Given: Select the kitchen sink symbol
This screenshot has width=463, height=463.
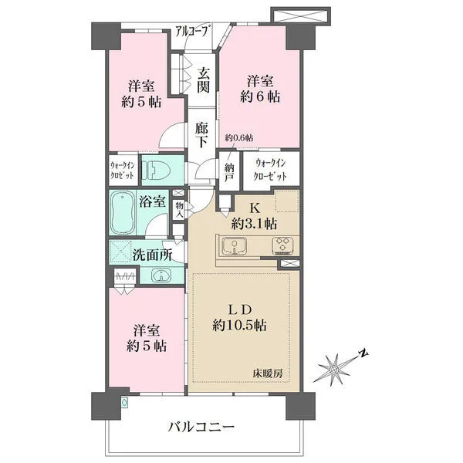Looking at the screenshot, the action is pyautogui.click(x=235, y=245).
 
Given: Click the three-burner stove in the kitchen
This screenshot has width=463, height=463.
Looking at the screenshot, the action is pyautogui.click(x=283, y=245).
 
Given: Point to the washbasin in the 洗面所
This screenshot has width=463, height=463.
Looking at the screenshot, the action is pyautogui.click(x=161, y=275).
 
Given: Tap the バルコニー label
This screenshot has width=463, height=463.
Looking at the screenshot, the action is pyautogui.click(x=201, y=427).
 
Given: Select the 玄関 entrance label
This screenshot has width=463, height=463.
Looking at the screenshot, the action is pyautogui.click(x=204, y=80).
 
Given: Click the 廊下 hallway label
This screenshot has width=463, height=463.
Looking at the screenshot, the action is pyautogui.click(x=201, y=135).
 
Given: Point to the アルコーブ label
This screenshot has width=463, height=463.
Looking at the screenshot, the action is pyautogui.click(x=193, y=32).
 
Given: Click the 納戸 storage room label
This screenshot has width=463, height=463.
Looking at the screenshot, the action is pyautogui.click(x=229, y=172).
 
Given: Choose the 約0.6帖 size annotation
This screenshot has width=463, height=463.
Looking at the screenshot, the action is pyautogui.click(x=239, y=137).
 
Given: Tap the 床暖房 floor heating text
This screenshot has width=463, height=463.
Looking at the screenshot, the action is pyautogui.click(x=268, y=373).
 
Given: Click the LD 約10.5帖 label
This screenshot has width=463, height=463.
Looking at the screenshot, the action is pyautogui.click(x=239, y=318).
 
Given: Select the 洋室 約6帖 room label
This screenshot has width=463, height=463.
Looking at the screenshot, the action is pyautogui.click(x=260, y=89).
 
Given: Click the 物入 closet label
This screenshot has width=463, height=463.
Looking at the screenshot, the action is pyautogui.click(x=179, y=210).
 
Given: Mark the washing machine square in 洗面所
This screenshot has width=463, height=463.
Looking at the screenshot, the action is pyautogui.click(x=120, y=252).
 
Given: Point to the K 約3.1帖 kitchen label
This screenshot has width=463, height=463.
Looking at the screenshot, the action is pyautogui.click(x=254, y=217).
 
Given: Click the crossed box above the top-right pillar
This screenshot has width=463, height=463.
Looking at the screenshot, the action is pyautogui.click(x=301, y=15).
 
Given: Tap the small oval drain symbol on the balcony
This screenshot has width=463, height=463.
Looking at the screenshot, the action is pyautogui.click(x=125, y=402).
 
